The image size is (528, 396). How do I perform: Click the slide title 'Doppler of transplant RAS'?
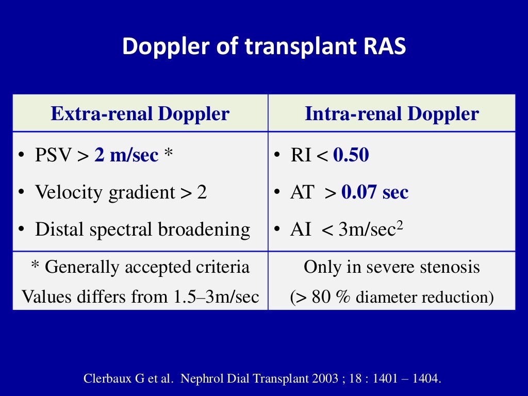point(264,46)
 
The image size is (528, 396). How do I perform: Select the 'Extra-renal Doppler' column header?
point(140,113)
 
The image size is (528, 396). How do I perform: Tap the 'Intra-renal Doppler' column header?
point(392,113)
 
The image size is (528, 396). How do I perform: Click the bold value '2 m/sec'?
point(126,155)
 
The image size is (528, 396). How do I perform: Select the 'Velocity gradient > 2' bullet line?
point(121,192)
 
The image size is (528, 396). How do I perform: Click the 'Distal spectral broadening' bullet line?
point(142,229)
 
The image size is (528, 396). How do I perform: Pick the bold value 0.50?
point(351,155)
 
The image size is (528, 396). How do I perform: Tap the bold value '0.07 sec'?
point(375,192)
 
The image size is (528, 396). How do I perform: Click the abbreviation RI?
point(301,155)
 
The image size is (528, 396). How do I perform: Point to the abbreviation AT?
point(302,192)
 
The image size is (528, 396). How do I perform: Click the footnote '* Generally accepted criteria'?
point(140,267)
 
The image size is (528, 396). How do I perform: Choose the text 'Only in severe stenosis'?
point(392,267)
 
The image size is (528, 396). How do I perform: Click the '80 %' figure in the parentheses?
point(328,296)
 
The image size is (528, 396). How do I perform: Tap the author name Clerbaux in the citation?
point(106,378)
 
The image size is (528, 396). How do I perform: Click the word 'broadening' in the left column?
point(205,229)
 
